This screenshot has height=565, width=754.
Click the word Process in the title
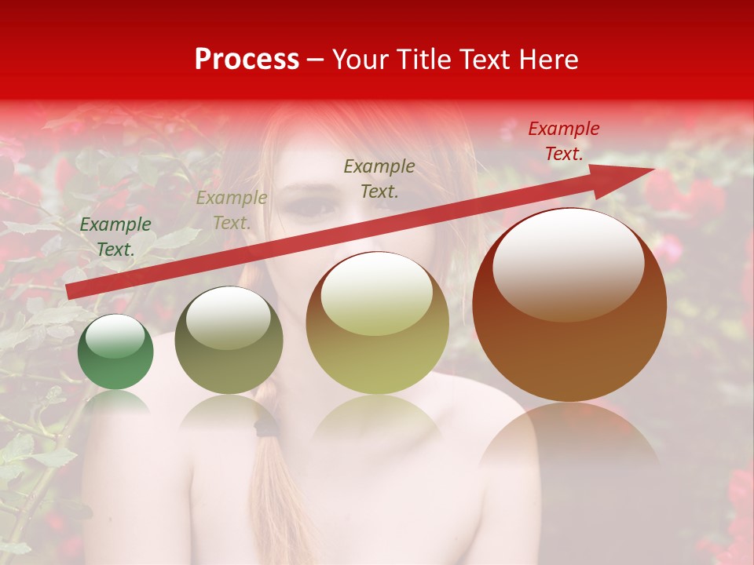click(247, 60)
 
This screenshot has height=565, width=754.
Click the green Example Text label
click(115, 237)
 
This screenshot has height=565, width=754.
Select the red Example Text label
click(564, 141)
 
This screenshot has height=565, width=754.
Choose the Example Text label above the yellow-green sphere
click(379, 179)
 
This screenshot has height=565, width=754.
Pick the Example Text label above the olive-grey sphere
click(232, 210)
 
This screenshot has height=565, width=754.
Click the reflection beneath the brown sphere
click(569, 439)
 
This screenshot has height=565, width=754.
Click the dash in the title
click(316, 60)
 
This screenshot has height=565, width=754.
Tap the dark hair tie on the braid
click(267, 426)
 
